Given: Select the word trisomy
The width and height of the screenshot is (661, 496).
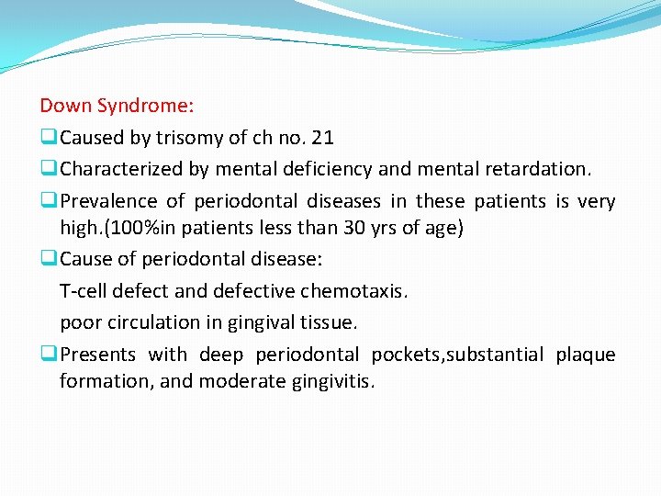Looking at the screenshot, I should pyautogui.click(x=189, y=138).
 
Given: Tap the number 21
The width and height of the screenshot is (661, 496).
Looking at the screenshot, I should pyautogui.click(x=323, y=138).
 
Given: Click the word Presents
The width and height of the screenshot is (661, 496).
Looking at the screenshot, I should pyautogui.click(x=97, y=355).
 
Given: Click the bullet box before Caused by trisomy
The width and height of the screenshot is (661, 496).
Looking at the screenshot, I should pyautogui.click(x=49, y=139).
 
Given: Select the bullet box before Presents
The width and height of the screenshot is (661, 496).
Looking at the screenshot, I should pyautogui.click(x=49, y=355).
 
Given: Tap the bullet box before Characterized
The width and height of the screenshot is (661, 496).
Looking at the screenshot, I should pyautogui.click(x=49, y=170).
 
